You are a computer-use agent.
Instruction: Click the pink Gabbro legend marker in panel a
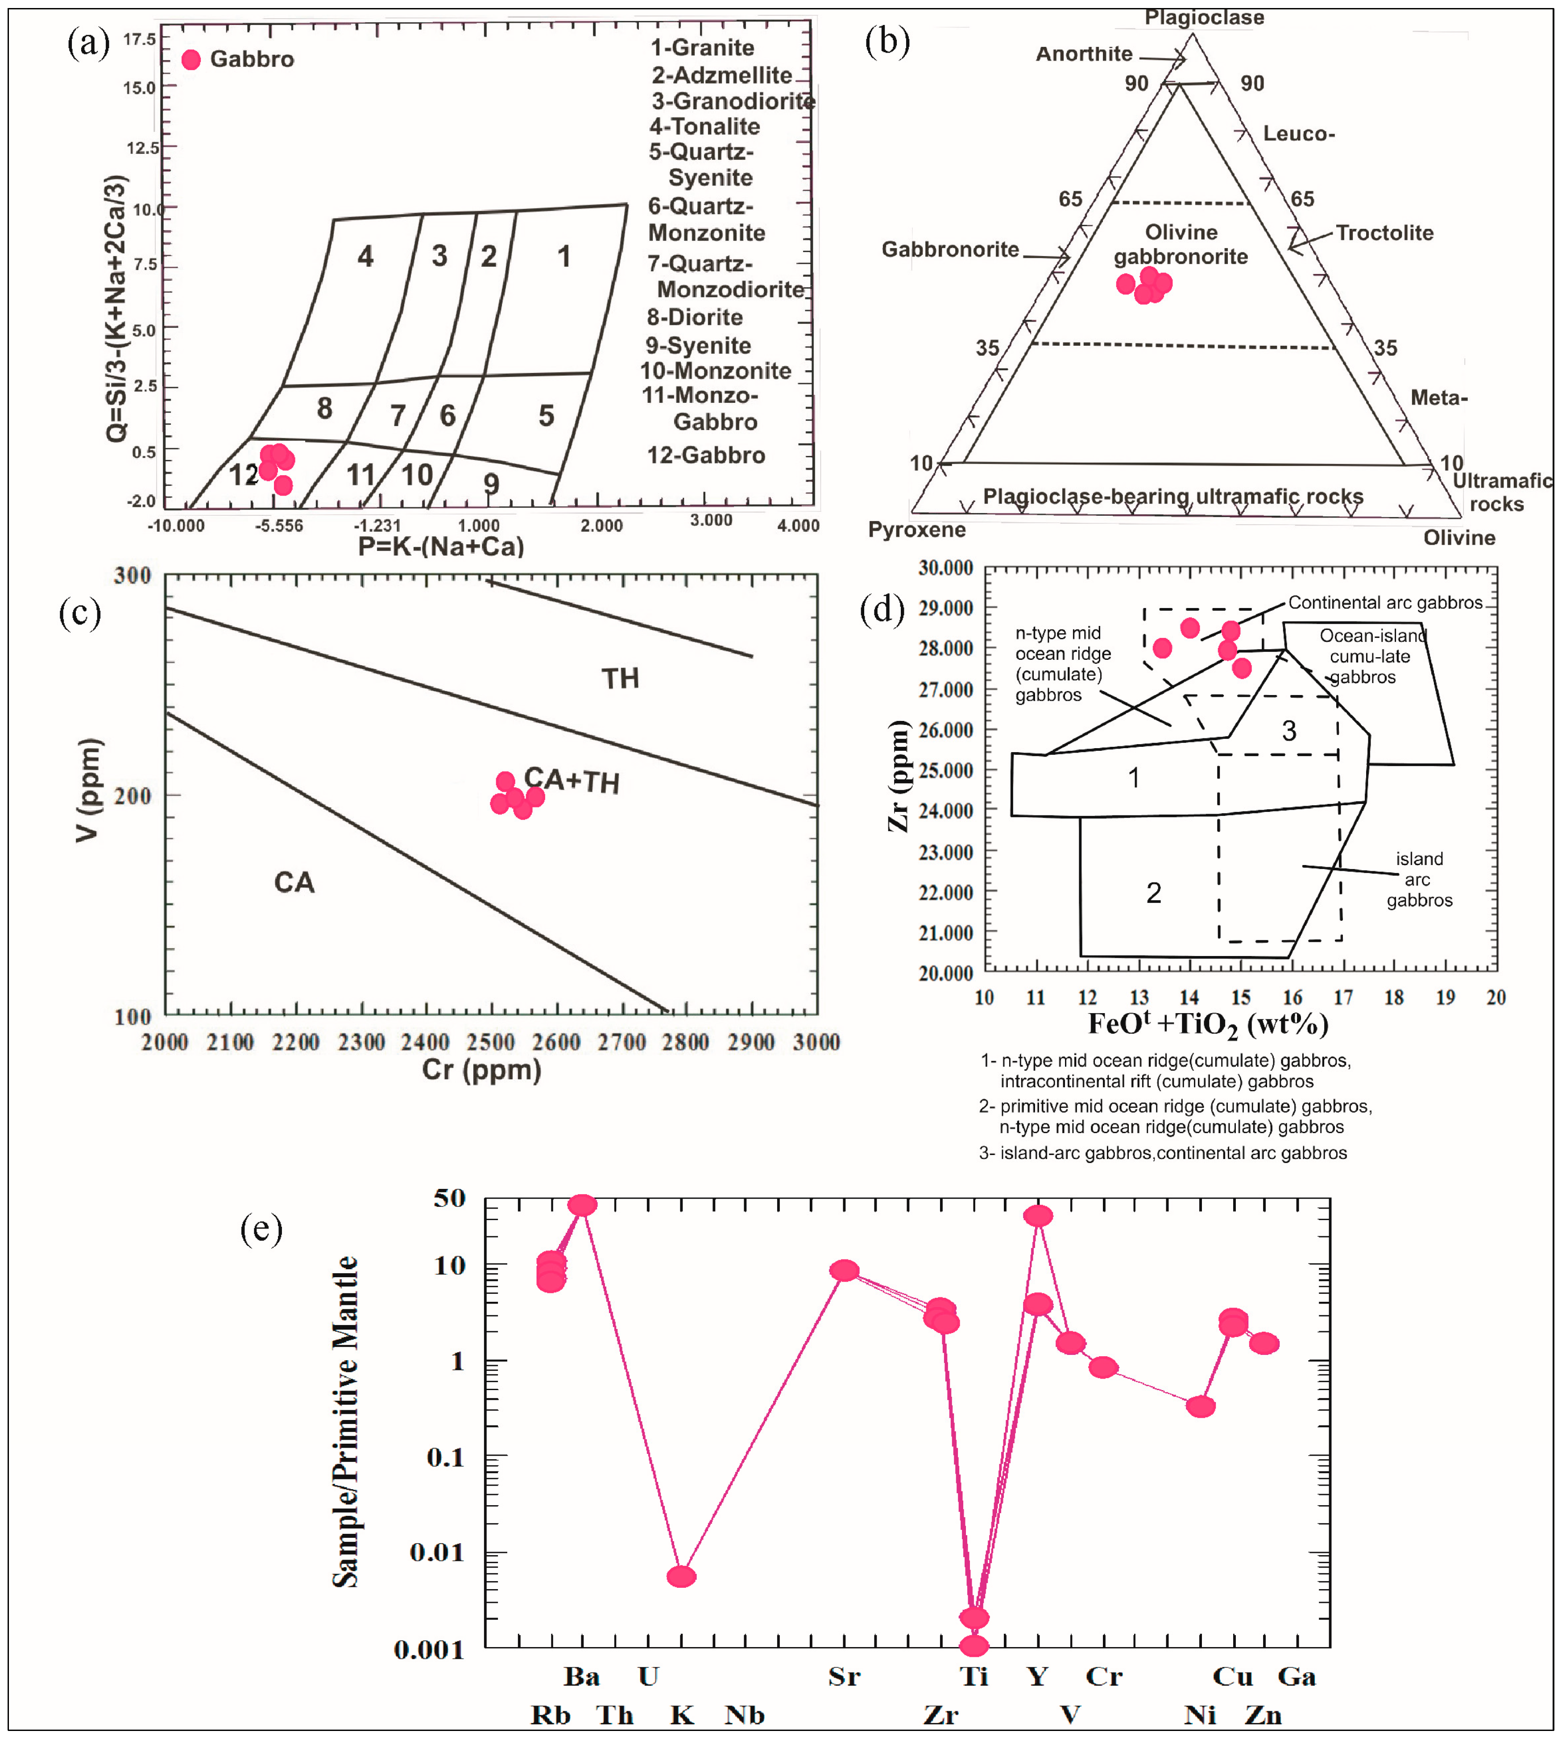tap(191, 59)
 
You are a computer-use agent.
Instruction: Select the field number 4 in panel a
tap(366, 257)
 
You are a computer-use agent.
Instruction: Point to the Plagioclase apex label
tap(1204, 17)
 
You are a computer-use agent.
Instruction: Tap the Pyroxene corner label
tap(916, 529)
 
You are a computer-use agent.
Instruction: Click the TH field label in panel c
tap(620, 679)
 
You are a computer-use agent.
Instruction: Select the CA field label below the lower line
tap(294, 883)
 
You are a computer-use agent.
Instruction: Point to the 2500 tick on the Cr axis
tap(490, 1043)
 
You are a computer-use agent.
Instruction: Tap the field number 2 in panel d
tap(1154, 893)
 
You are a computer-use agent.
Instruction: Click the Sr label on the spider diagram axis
tap(844, 1676)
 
